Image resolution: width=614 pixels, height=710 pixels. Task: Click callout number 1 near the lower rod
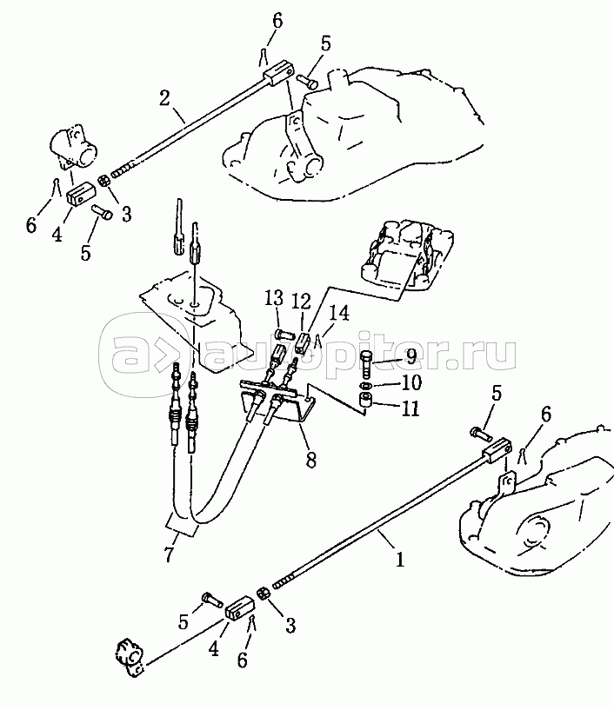(x=400, y=559)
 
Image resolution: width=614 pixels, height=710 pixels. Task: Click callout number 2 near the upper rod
(x=165, y=98)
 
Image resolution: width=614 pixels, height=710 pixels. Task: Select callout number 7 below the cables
(x=169, y=554)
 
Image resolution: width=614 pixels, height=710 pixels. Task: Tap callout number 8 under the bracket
(x=310, y=460)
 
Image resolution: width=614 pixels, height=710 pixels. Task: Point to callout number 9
(x=411, y=357)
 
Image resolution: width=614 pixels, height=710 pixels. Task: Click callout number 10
(x=411, y=382)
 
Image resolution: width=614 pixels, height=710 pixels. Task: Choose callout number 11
(x=410, y=408)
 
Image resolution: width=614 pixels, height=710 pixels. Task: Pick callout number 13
(x=274, y=298)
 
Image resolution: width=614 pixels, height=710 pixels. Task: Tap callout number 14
(x=339, y=313)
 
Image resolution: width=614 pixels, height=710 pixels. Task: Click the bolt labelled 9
(x=367, y=365)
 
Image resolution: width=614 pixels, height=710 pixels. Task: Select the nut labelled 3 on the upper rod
(x=103, y=180)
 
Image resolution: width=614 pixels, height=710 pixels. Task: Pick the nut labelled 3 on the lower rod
(x=264, y=594)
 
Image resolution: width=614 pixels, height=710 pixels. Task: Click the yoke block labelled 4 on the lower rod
(x=238, y=607)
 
